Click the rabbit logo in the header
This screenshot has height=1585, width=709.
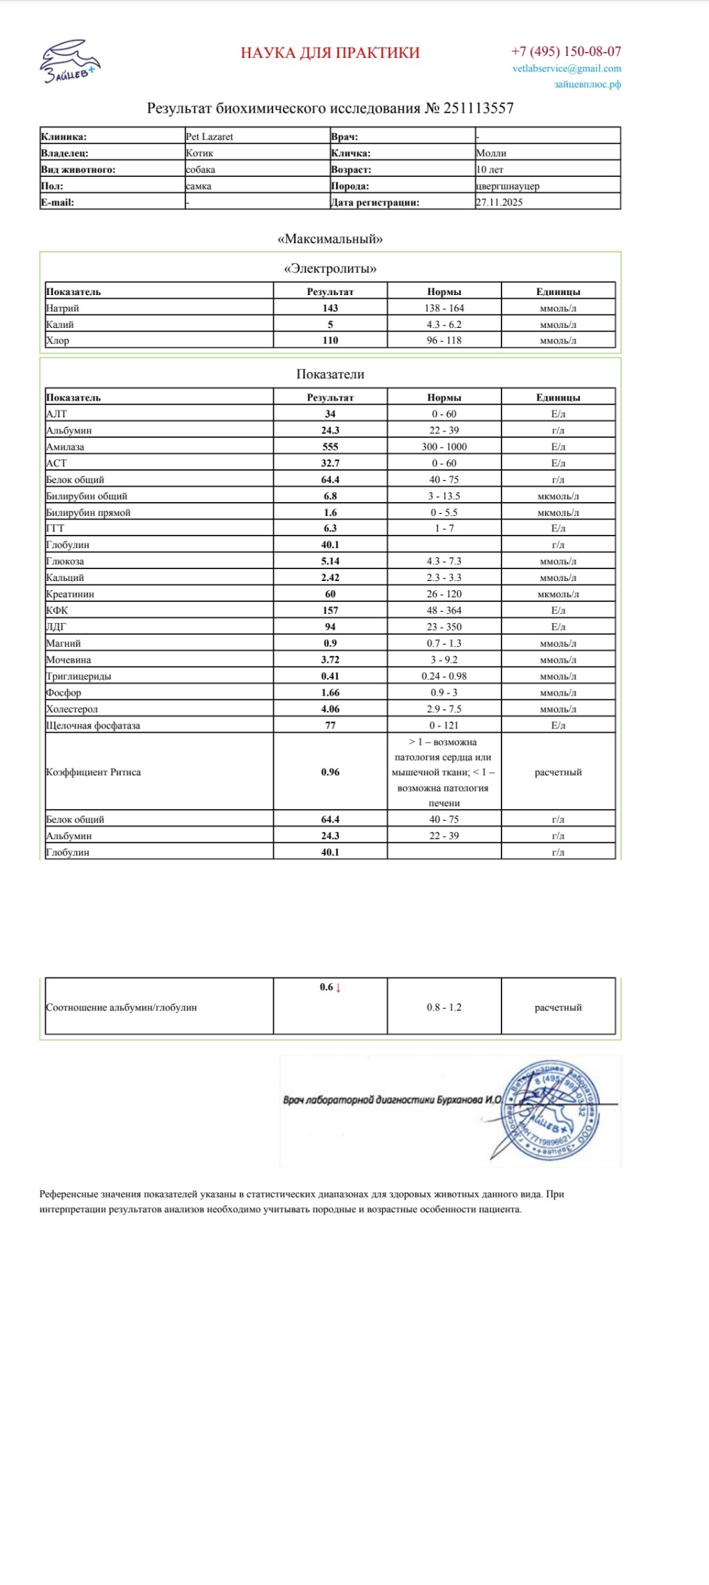tap(69, 62)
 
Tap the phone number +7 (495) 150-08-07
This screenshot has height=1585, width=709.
tap(566, 52)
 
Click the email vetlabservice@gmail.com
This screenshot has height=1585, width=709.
tap(567, 69)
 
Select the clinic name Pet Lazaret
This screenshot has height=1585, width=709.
tap(210, 137)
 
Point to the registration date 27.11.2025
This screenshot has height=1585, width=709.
tap(499, 203)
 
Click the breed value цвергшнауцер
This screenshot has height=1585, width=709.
tap(508, 186)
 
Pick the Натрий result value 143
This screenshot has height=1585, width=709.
tap(330, 308)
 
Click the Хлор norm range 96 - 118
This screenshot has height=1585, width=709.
tap(444, 340)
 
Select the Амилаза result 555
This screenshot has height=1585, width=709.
tap(330, 447)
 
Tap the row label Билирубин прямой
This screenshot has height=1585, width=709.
tap(88, 512)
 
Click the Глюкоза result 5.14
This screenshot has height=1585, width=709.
tap(330, 561)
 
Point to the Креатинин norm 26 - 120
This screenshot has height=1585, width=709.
tap(444, 594)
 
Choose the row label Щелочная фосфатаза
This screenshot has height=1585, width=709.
tap(93, 726)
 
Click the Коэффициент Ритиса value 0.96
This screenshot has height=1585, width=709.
tap(330, 773)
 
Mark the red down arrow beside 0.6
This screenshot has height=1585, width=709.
tap(339, 988)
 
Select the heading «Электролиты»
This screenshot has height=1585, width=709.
tap(330, 268)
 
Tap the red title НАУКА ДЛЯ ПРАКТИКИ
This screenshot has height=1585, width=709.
tap(330, 53)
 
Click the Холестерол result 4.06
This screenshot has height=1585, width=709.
tap(330, 709)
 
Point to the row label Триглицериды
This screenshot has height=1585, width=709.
tap(79, 677)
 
